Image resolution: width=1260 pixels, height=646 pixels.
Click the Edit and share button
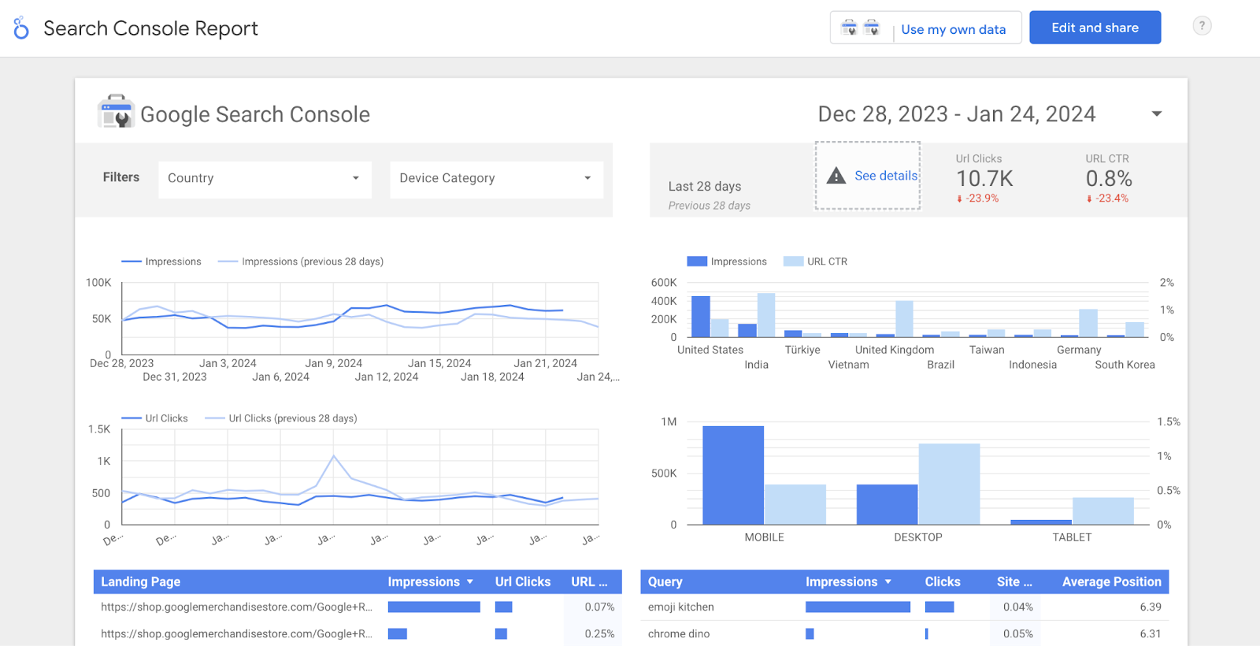click(1095, 28)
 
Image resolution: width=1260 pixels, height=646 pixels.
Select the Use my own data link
click(953, 29)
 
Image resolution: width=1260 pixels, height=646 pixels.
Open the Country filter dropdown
click(265, 179)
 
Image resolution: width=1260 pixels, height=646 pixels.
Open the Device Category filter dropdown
click(496, 179)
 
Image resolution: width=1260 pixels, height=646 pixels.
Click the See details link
click(886, 176)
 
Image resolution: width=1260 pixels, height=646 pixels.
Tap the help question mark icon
click(1202, 26)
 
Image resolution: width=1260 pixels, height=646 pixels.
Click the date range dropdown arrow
click(1157, 114)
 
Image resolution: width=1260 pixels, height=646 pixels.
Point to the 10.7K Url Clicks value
click(984, 179)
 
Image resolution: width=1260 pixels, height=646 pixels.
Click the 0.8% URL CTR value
click(1109, 179)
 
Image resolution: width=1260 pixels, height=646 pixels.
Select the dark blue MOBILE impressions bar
click(732, 476)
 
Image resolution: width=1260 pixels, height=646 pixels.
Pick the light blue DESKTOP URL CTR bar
click(949, 484)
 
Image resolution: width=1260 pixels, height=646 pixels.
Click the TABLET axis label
click(1072, 537)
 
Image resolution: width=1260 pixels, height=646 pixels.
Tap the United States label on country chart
click(710, 350)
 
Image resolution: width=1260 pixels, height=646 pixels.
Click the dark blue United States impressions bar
click(700, 317)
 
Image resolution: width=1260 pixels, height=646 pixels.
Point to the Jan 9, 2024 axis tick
click(333, 363)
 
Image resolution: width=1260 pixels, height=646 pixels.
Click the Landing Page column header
click(141, 582)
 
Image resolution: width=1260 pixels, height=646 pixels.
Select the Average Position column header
click(1111, 582)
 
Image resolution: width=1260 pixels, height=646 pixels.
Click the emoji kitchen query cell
click(681, 607)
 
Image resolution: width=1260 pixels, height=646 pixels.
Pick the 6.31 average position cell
click(1150, 634)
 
